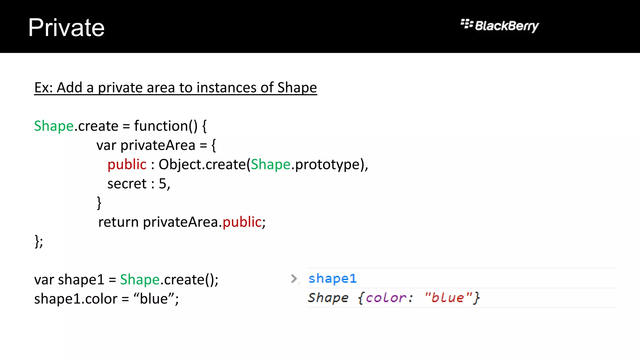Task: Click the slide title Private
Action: (x=66, y=28)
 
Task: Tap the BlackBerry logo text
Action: (x=507, y=26)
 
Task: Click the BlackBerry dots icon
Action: (x=467, y=24)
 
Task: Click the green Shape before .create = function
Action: (x=54, y=126)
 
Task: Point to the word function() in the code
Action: (x=166, y=126)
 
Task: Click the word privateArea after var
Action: (x=158, y=145)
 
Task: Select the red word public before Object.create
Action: (x=127, y=165)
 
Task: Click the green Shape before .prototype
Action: (x=271, y=165)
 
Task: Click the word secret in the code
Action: (x=127, y=184)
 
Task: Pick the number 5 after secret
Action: (x=162, y=184)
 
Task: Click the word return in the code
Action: (x=118, y=222)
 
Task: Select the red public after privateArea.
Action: (x=242, y=222)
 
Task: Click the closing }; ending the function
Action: (x=39, y=241)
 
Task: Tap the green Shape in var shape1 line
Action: (x=140, y=280)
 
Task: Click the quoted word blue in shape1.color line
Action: (x=154, y=299)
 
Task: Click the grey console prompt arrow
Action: (x=294, y=278)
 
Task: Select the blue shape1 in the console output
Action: (x=332, y=278)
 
